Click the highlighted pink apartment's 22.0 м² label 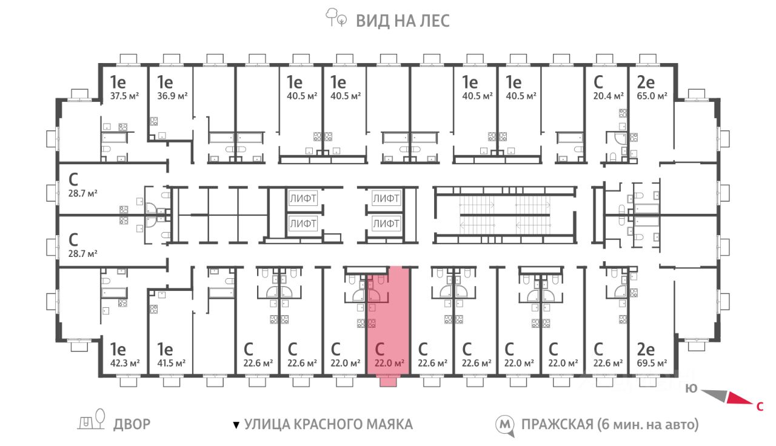coord(389,364)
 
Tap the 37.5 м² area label coord(124,96)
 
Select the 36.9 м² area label coord(172,96)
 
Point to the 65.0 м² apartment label coord(652,96)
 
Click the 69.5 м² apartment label coord(652,364)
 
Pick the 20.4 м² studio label coord(608,96)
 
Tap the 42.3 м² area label coord(125,364)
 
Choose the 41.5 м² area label coord(171,364)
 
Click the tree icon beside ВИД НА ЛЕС coord(336,18)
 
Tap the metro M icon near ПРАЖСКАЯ coord(504,425)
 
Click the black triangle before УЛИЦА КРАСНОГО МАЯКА coord(236,425)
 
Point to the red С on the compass coord(760,406)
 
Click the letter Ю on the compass coord(691,388)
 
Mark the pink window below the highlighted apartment coord(389,382)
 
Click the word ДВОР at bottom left coord(132,424)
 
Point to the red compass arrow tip coord(752,404)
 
